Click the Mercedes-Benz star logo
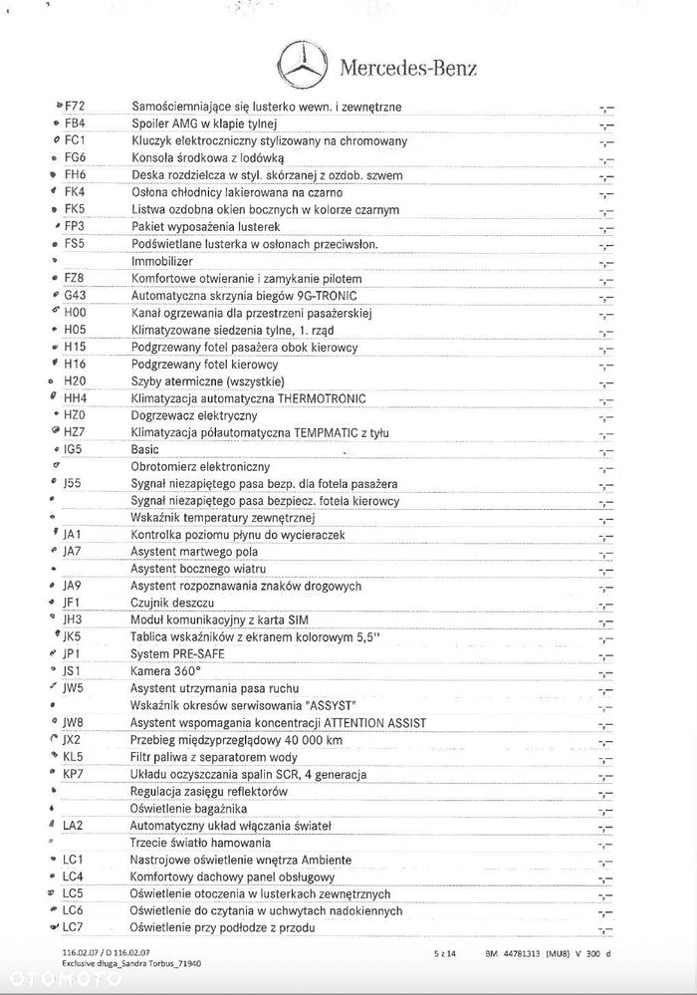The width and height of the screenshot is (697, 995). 302,66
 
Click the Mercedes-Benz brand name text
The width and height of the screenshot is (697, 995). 408,68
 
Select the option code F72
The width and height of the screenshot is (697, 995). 76,107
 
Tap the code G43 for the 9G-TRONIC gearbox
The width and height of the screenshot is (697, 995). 76,296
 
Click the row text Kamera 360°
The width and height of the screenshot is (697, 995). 165,671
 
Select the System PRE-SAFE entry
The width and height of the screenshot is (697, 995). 177,653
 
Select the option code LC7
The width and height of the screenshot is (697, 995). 73,927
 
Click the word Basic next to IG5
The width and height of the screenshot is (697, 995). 145,449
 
